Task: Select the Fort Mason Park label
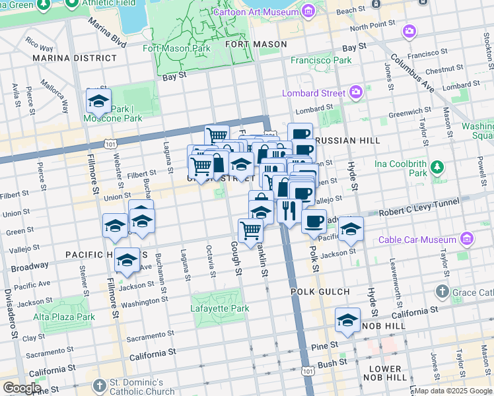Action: click(x=176, y=48)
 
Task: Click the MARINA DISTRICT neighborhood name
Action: click(x=75, y=58)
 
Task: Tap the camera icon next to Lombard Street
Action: click(x=357, y=93)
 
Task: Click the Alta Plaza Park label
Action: click(x=64, y=317)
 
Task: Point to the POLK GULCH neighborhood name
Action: click(x=320, y=291)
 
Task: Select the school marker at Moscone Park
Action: click(x=98, y=102)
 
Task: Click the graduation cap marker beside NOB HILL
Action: click(x=347, y=321)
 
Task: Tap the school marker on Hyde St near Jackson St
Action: click(x=351, y=230)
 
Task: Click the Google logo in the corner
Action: click(x=22, y=388)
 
